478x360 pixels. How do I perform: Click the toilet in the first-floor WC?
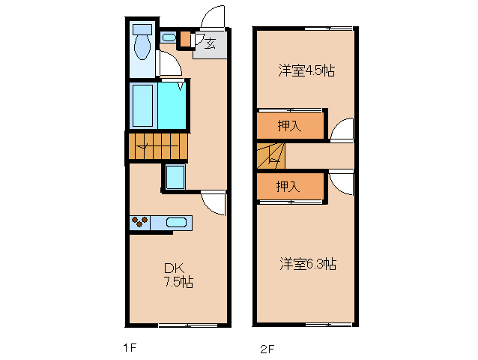[x=142, y=44]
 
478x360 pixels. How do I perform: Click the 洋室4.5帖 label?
[x=306, y=71]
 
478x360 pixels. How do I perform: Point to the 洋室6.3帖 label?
[x=308, y=264]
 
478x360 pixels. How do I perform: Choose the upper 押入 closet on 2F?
[x=290, y=126]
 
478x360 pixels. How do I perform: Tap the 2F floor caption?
[x=267, y=348]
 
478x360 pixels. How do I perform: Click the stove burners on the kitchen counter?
[x=139, y=222]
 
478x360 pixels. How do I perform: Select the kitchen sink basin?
[x=175, y=222]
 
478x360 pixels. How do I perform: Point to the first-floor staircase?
[x=157, y=146]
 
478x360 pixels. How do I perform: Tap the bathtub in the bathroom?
[x=142, y=104]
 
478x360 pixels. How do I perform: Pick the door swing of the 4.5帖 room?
[x=342, y=129]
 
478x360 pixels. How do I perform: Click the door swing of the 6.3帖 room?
[x=342, y=183]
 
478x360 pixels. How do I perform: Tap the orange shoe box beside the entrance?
[x=185, y=38]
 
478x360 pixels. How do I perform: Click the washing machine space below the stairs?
[x=176, y=178]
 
